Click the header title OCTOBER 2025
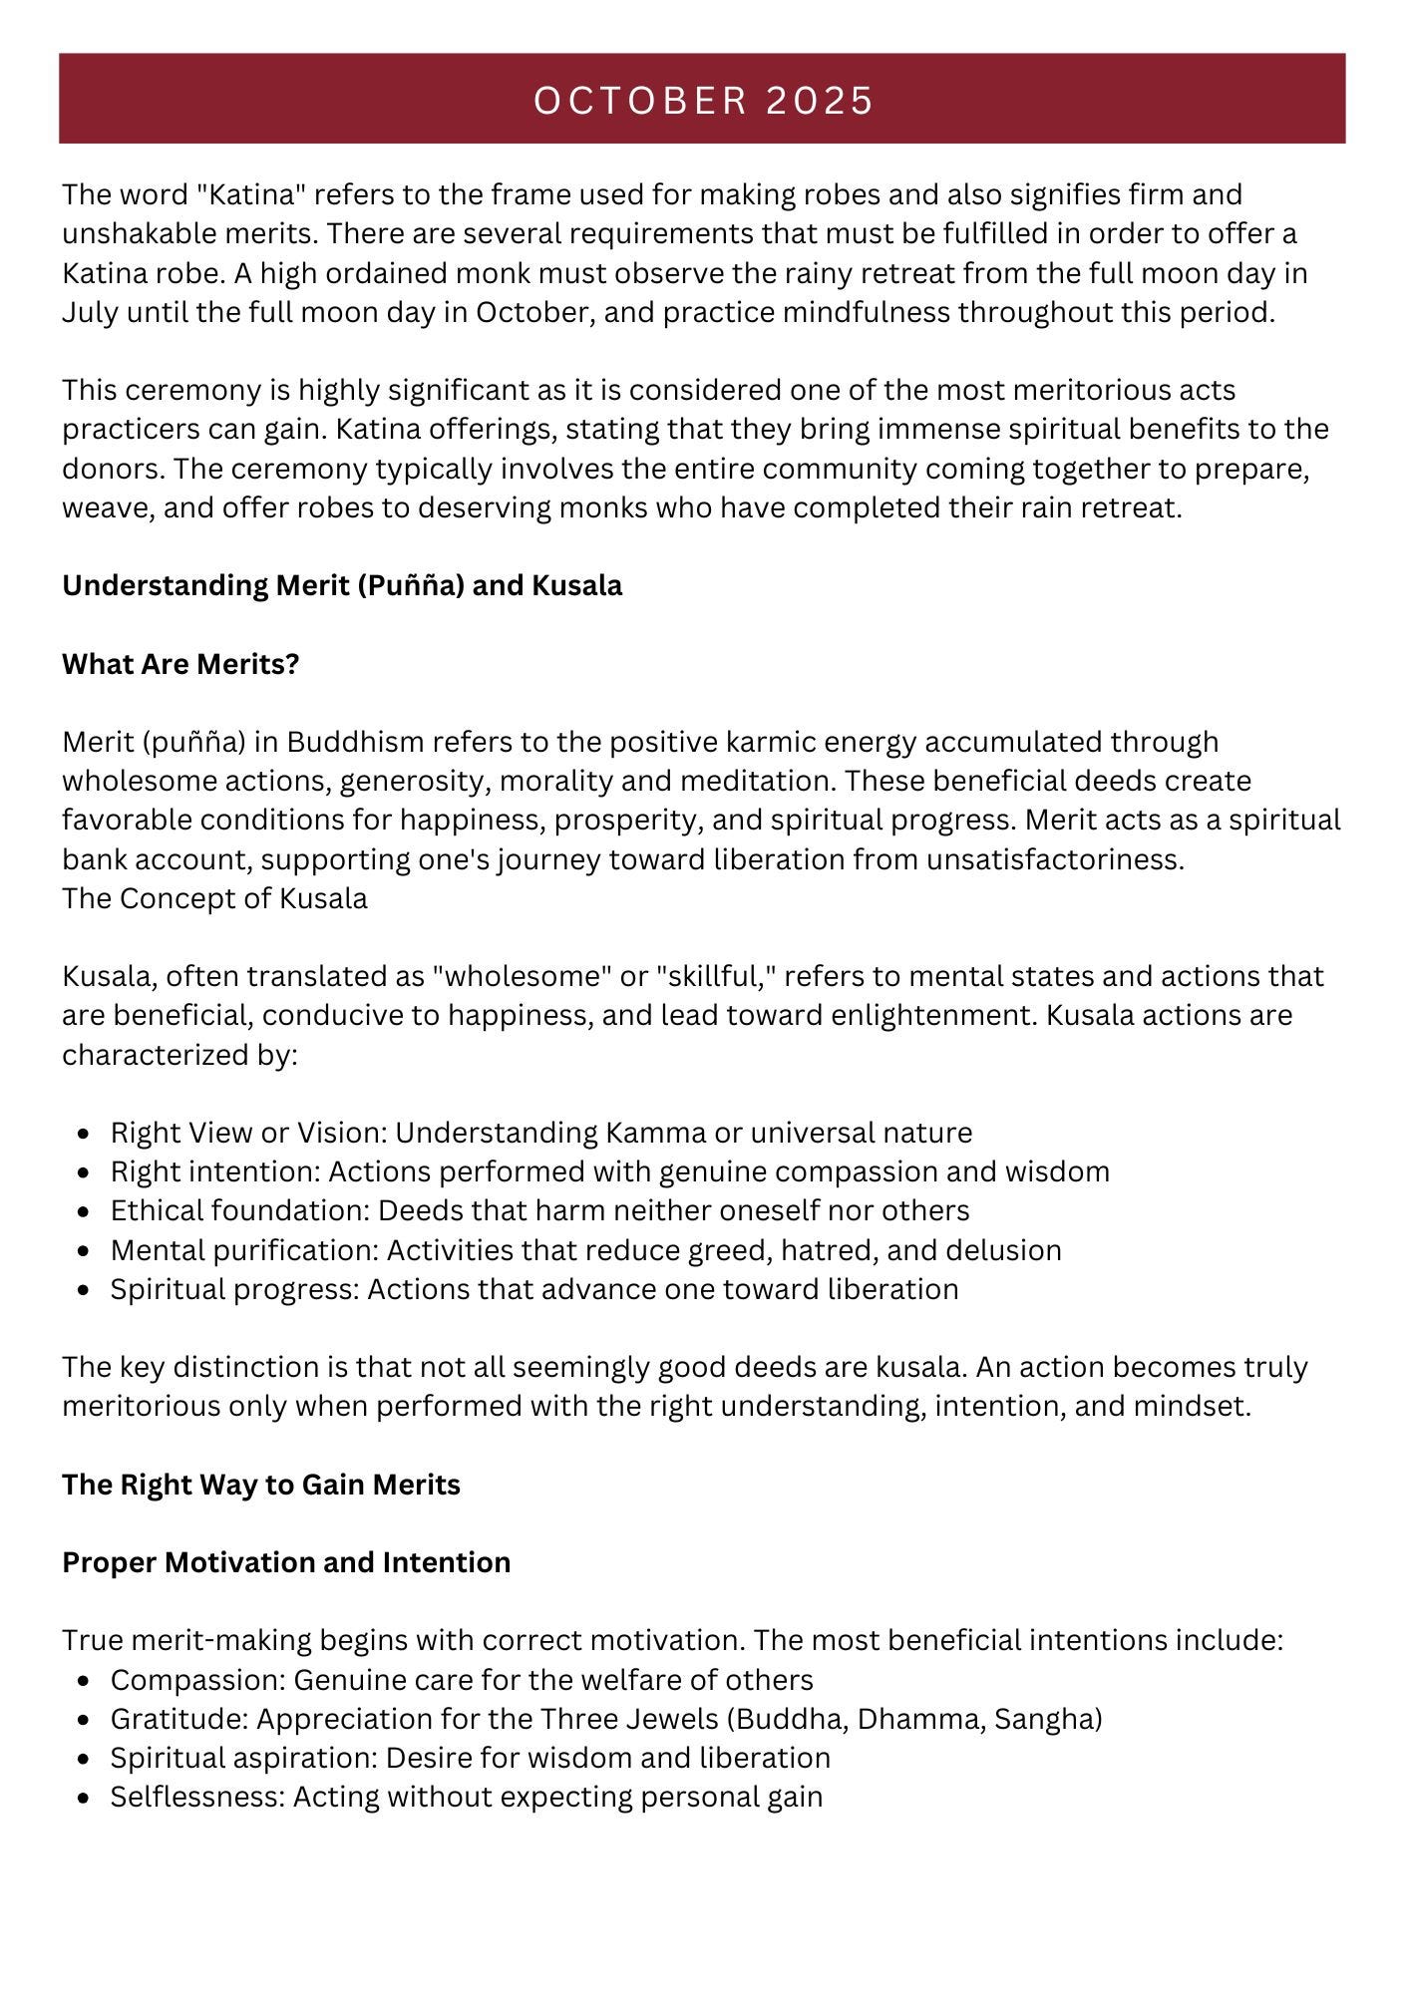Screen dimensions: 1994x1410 [704, 101]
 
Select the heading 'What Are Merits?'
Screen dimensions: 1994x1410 [180, 664]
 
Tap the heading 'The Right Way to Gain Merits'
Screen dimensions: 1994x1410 [261, 1485]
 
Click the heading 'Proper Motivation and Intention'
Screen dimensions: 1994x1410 [286, 1562]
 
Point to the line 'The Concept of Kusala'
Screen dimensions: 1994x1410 [214, 898]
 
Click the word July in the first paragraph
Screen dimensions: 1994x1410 [90, 312]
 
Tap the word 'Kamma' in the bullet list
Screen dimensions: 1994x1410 [648, 1133]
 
